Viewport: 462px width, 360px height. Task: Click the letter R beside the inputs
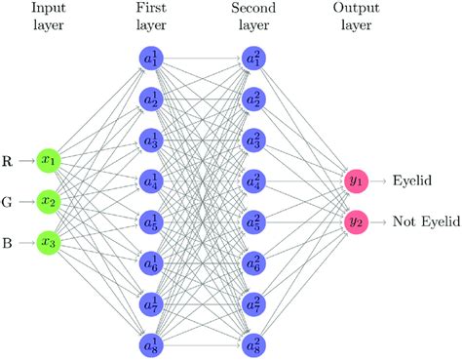pos(8,158)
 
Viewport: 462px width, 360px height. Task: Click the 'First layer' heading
pos(150,17)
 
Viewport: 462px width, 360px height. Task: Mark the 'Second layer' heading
pos(251,17)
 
